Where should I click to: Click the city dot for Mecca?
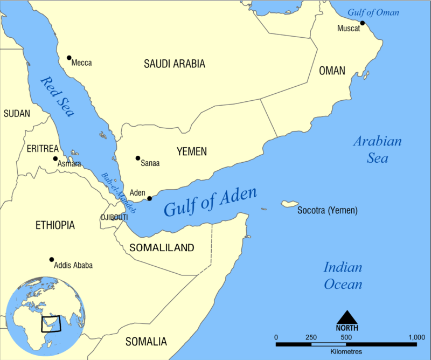coord(69,58)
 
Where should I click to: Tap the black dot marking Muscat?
coord(363,23)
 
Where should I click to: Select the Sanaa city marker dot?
coord(138,158)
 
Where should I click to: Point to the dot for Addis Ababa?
coord(52,259)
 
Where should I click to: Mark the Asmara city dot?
coord(55,158)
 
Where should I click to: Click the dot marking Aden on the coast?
coord(150,198)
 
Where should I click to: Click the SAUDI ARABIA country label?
coord(174,64)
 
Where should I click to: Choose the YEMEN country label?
coord(191,152)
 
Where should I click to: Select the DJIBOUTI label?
coord(114,217)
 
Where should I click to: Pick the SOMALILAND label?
coord(162,248)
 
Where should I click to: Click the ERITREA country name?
coord(41,147)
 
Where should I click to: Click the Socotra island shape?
coord(289,204)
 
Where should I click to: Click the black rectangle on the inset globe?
coord(52,323)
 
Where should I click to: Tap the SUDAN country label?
coord(17,114)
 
